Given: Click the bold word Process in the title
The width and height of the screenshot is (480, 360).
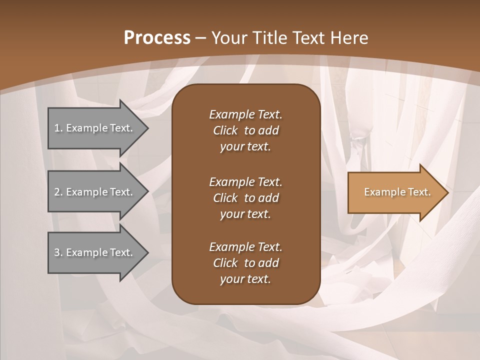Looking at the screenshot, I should (157, 37).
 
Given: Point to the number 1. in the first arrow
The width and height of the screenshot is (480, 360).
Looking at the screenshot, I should (58, 128).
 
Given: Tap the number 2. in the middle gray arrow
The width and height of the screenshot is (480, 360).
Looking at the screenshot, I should (58, 192).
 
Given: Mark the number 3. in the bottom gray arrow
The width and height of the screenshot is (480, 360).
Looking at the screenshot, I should (58, 252).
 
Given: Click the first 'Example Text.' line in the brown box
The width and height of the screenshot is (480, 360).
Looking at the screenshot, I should (245, 114).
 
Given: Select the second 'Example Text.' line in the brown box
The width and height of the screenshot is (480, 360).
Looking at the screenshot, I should (245, 181).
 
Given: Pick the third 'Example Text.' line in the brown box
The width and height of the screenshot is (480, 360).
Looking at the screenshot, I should (245, 247).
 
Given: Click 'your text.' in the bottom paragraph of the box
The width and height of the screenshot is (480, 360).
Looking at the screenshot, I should (245, 279).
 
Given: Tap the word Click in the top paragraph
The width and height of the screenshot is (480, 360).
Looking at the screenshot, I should (225, 130).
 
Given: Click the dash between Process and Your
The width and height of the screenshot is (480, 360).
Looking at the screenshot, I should (200, 38).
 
